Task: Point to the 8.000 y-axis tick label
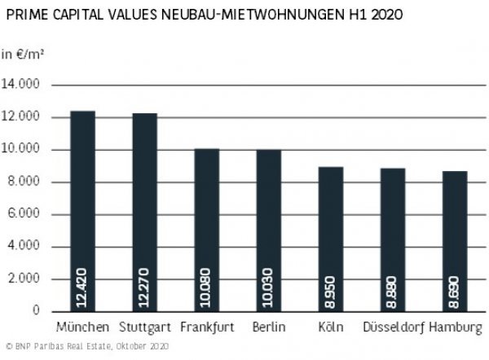click(30, 182)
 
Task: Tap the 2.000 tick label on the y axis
click(30, 279)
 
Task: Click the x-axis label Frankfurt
click(206, 327)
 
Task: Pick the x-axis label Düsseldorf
click(392, 327)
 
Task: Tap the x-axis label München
click(83, 327)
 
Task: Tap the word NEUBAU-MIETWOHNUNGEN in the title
click(231, 15)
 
